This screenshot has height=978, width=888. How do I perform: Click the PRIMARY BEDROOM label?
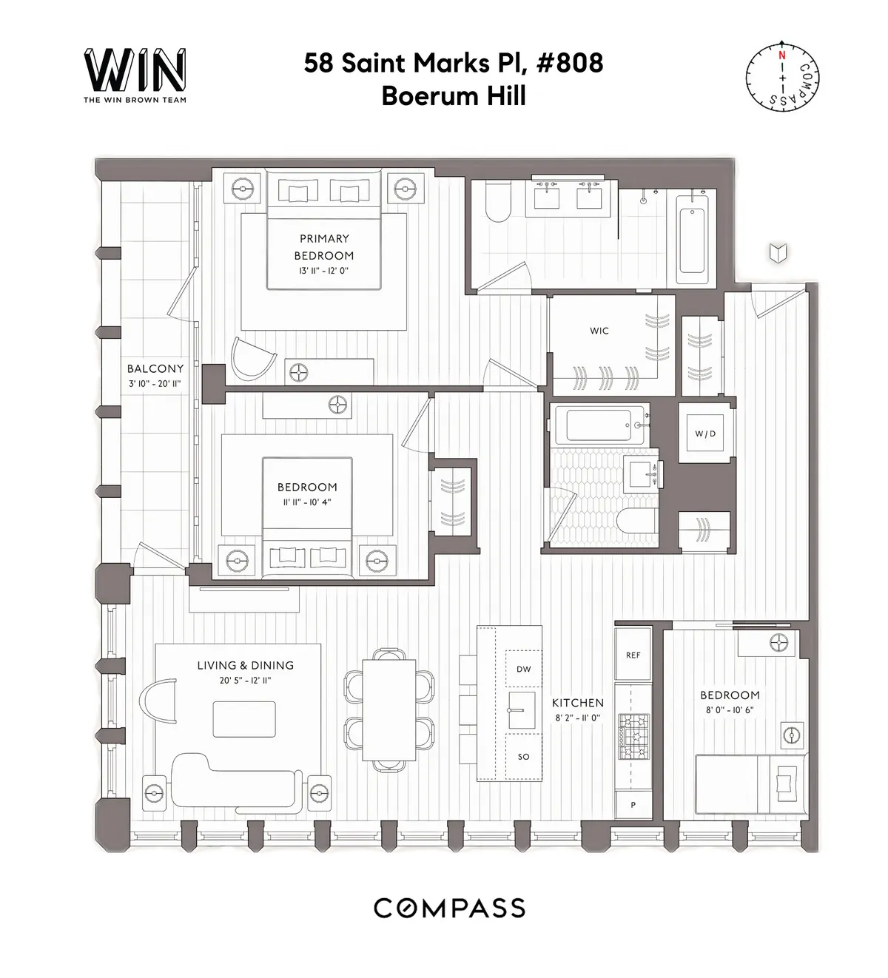pyautogui.click(x=324, y=247)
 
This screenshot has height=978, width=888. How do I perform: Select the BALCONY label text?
pyautogui.click(x=155, y=368)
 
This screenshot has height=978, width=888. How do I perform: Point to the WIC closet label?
pyautogui.click(x=599, y=331)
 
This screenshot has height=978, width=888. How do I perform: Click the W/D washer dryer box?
pyautogui.click(x=705, y=434)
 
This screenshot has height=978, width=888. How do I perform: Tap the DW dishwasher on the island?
pyautogui.click(x=523, y=669)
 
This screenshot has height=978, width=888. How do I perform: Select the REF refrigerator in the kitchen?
pyautogui.click(x=633, y=655)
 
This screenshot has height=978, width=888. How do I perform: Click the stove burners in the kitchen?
pyautogui.click(x=633, y=738)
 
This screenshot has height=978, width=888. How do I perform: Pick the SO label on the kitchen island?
pyautogui.click(x=523, y=757)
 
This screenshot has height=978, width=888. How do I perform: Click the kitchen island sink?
pyautogui.click(x=522, y=710)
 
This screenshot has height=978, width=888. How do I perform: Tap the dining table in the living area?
pyautogui.click(x=389, y=709)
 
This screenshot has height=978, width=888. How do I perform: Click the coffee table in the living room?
pyautogui.click(x=244, y=719)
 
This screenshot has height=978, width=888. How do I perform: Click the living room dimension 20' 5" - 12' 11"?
pyautogui.click(x=245, y=681)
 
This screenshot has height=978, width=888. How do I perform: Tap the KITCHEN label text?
pyautogui.click(x=577, y=703)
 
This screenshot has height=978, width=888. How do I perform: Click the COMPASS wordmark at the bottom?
pyautogui.click(x=449, y=908)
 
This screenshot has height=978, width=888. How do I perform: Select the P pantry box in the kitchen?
pyautogui.click(x=633, y=805)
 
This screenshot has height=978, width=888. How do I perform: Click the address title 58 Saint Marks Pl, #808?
pyautogui.click(x=454, y=64)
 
